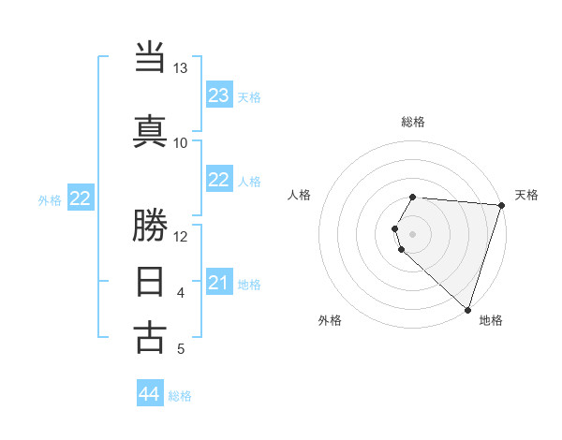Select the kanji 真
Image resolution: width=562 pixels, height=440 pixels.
tap(150, 130)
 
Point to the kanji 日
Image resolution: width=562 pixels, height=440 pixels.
tap(150, 281)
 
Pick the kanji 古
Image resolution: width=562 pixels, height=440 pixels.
tap(150, 337)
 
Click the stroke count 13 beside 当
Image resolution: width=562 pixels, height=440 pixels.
tap(181, 68)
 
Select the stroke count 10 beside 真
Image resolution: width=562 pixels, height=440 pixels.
tap(181, 142)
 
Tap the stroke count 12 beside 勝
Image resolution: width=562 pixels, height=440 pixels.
tap(181, 236)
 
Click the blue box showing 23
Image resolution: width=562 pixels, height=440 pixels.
tap(219, 95)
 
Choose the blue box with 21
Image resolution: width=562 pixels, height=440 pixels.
tap(219, 283)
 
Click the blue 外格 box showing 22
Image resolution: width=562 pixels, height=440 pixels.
tap(81, 198)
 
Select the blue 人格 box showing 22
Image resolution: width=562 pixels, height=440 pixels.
tap(219, 181)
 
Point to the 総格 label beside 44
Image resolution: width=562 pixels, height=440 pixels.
tap(180, 396)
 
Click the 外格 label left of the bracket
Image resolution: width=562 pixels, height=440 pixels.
tap(50, 199)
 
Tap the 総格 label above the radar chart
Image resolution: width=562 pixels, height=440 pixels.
tap(413, 122)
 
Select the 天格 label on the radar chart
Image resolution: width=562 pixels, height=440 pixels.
tap(526, 195)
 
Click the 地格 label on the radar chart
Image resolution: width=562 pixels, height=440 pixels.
tap(491, 320)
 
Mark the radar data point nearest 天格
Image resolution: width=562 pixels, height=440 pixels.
tap(501, 205)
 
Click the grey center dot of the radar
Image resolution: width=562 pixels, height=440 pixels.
tap(413, 233)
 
